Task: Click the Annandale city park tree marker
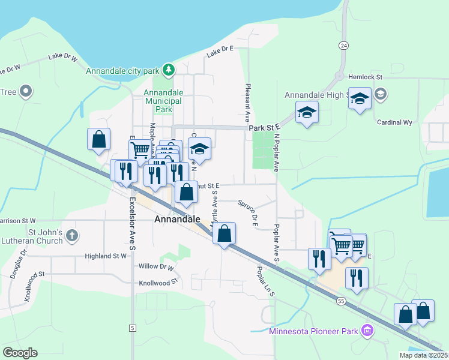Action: [169, 71]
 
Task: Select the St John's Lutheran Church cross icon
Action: [72, 235]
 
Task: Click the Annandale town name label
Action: [177, 220]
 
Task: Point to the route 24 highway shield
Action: [343, 46]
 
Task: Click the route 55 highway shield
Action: [341, 300]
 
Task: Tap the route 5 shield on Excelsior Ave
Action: [132, 328]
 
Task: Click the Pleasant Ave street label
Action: [247, 100]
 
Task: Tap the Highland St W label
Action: [106, 256]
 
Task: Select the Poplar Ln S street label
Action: [265, 281]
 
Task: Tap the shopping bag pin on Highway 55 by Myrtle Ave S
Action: [224, 233]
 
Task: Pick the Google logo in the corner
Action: [20, 353]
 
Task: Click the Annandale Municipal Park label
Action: [163, 101]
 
